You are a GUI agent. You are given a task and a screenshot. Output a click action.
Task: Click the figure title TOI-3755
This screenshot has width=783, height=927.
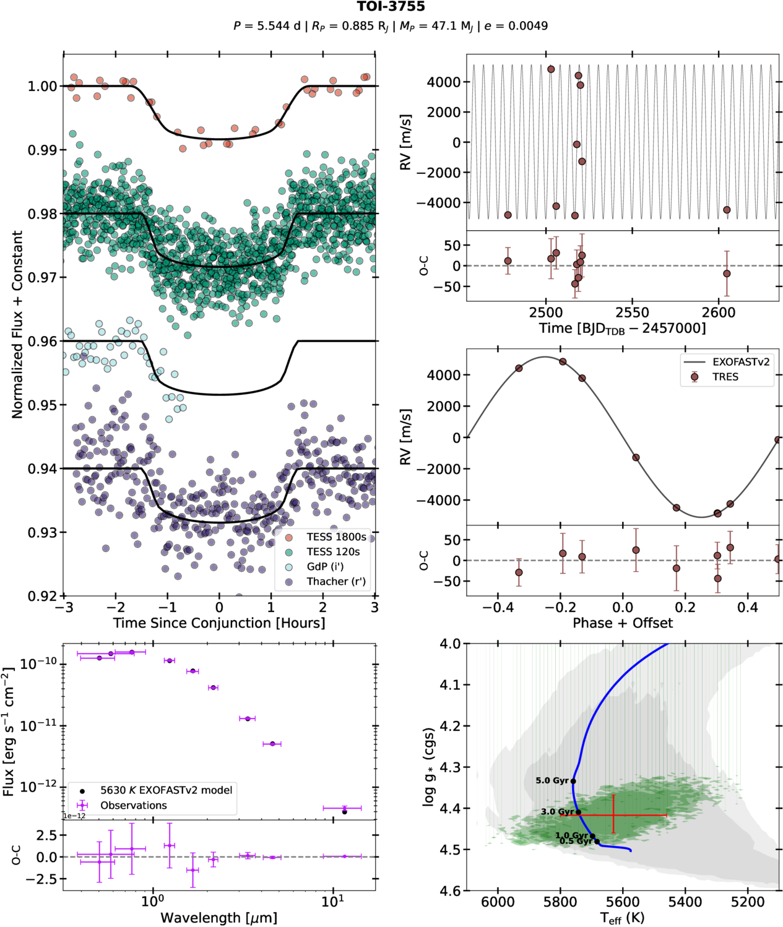(x=391, y=7)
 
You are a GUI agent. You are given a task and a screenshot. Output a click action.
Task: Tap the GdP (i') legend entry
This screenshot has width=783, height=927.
(x=325, y=567)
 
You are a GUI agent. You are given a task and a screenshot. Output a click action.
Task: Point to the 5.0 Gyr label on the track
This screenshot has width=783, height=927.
(x=552, y=781)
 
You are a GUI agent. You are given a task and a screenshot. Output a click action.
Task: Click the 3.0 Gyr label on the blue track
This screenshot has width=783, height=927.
(x=557, y=812)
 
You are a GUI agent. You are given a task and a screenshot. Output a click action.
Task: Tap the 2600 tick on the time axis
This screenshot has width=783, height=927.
(x=718, y=313)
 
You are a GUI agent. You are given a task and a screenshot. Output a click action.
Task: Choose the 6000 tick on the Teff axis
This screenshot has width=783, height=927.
(x=498, y=902)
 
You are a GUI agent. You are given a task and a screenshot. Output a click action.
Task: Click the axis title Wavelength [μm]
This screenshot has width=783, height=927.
(x=218, y=918)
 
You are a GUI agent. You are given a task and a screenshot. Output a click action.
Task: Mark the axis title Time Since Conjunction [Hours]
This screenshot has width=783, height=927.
(x=218, y=623)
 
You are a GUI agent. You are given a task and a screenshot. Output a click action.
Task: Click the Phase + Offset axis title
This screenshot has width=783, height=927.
(x=622, y=623)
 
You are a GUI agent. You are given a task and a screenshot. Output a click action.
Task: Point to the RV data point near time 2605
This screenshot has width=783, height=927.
(x=727, y=210)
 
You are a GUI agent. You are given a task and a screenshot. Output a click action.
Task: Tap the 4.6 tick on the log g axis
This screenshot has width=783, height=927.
(x=450, y=891)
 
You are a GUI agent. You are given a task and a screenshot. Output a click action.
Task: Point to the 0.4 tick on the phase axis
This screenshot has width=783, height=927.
(x=747, y=608)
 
